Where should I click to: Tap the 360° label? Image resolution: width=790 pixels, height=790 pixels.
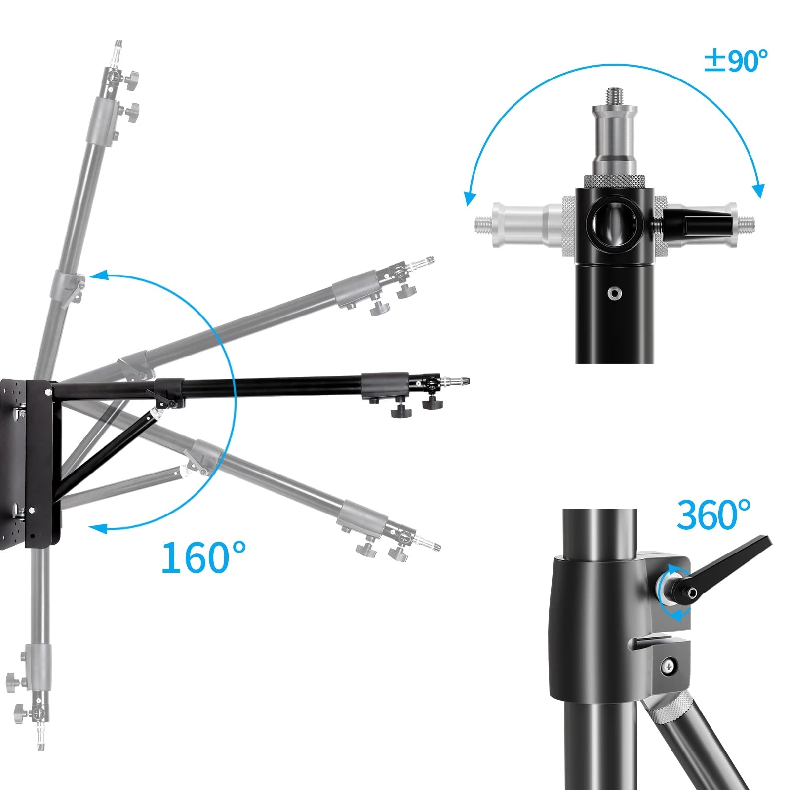click(713, 515)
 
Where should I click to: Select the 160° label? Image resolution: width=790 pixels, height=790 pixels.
click(203, 557)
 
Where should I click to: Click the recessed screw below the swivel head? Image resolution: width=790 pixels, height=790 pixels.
click(615, 293)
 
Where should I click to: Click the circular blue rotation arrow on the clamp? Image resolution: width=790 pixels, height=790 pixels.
click(671, 592)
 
